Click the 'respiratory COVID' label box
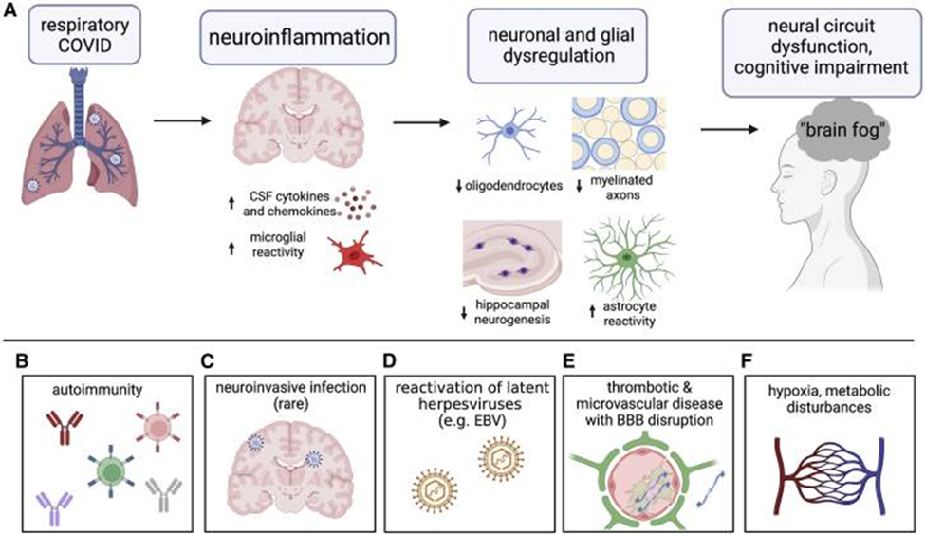coord(85,35)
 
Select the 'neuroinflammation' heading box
coord(298,37)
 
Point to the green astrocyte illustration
coord(628,257)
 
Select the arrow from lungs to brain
coord(182,121)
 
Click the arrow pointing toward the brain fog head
coord(730,129)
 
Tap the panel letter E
coord(568,360)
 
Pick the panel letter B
coord(22,360)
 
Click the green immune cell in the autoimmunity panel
coord(110,470)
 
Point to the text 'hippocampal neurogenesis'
coord(512,312)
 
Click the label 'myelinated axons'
coord(621,187)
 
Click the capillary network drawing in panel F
coord(829,475)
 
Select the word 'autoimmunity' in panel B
coord(98,390)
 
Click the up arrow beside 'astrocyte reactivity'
coord(592,311)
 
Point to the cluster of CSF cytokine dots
coord(356,204)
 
